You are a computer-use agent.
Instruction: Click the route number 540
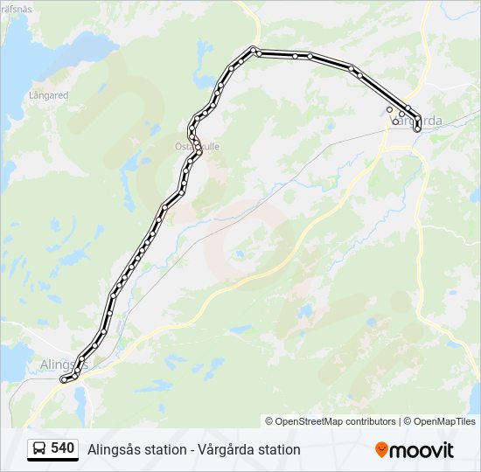coord(62,448)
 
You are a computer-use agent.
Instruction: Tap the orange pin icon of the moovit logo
coord(381,449)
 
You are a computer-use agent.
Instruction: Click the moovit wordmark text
coord(422,450)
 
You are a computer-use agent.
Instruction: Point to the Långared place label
coord(48,94)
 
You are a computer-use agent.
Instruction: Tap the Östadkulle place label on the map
coord(197,147)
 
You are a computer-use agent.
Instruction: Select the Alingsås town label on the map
coord(64,363)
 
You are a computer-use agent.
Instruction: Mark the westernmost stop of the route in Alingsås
coord(62,380)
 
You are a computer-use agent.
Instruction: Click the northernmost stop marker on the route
coord(253,49)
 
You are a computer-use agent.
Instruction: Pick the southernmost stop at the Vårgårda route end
coord(417,129)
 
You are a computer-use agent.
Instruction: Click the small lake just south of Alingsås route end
coord(81,399)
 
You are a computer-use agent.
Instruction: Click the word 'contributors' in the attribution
coord(371,421)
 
